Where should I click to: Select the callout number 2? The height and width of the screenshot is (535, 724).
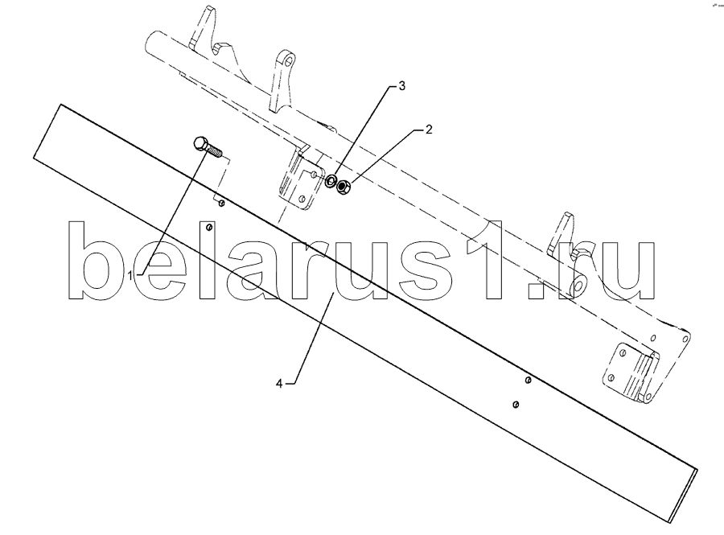click(430, 129)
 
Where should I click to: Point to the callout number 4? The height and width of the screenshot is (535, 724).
click(279, 384)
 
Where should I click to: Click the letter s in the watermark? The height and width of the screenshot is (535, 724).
click(439, 269)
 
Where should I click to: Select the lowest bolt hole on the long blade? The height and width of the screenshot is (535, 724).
click(516, 404)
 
